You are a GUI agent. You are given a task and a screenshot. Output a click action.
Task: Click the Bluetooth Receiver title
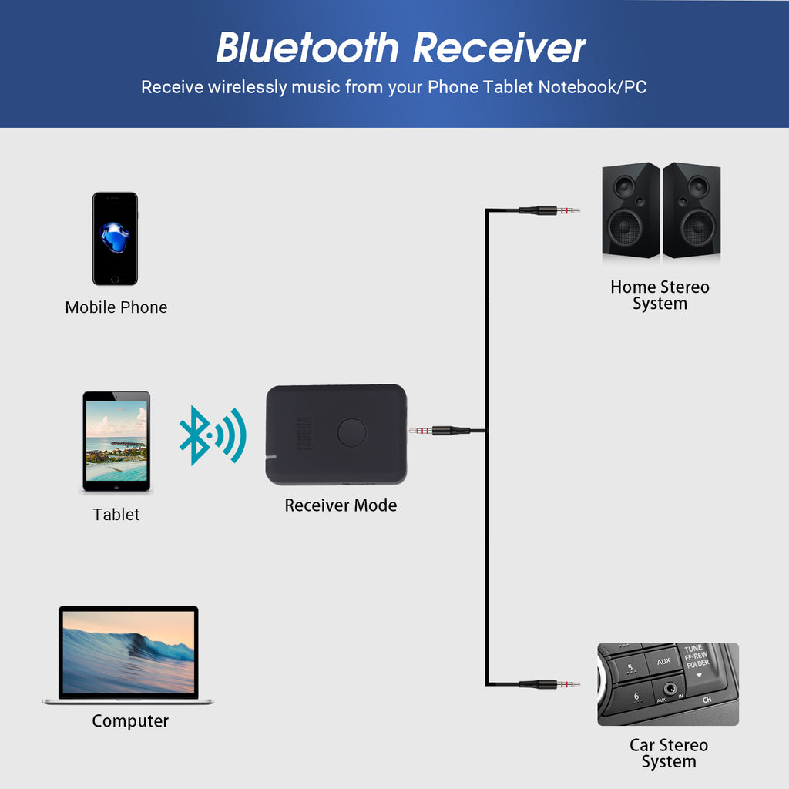401,48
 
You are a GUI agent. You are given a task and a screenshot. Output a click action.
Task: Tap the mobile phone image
115,239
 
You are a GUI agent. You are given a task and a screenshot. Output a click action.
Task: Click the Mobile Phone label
116,307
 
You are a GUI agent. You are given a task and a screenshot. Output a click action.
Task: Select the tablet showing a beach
116,442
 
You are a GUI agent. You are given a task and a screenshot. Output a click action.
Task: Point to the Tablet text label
116,515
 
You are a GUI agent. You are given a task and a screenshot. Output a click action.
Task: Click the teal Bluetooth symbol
211,435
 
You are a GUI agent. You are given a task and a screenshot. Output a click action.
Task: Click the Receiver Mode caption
341,505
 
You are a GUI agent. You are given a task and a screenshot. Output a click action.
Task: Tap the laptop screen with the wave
128,652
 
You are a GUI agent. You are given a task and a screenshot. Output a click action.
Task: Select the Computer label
130,721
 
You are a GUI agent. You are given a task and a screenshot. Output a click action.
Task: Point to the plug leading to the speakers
549,210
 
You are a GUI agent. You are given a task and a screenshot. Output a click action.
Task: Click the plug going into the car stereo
549,683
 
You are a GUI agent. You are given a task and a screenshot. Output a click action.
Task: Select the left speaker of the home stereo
630,210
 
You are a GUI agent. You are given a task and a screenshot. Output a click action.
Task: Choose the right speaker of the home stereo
692,210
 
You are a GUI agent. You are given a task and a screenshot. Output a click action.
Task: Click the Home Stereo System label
660,295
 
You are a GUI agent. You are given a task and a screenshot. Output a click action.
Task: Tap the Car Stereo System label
668,754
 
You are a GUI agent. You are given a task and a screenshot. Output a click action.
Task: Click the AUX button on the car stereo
663,662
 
